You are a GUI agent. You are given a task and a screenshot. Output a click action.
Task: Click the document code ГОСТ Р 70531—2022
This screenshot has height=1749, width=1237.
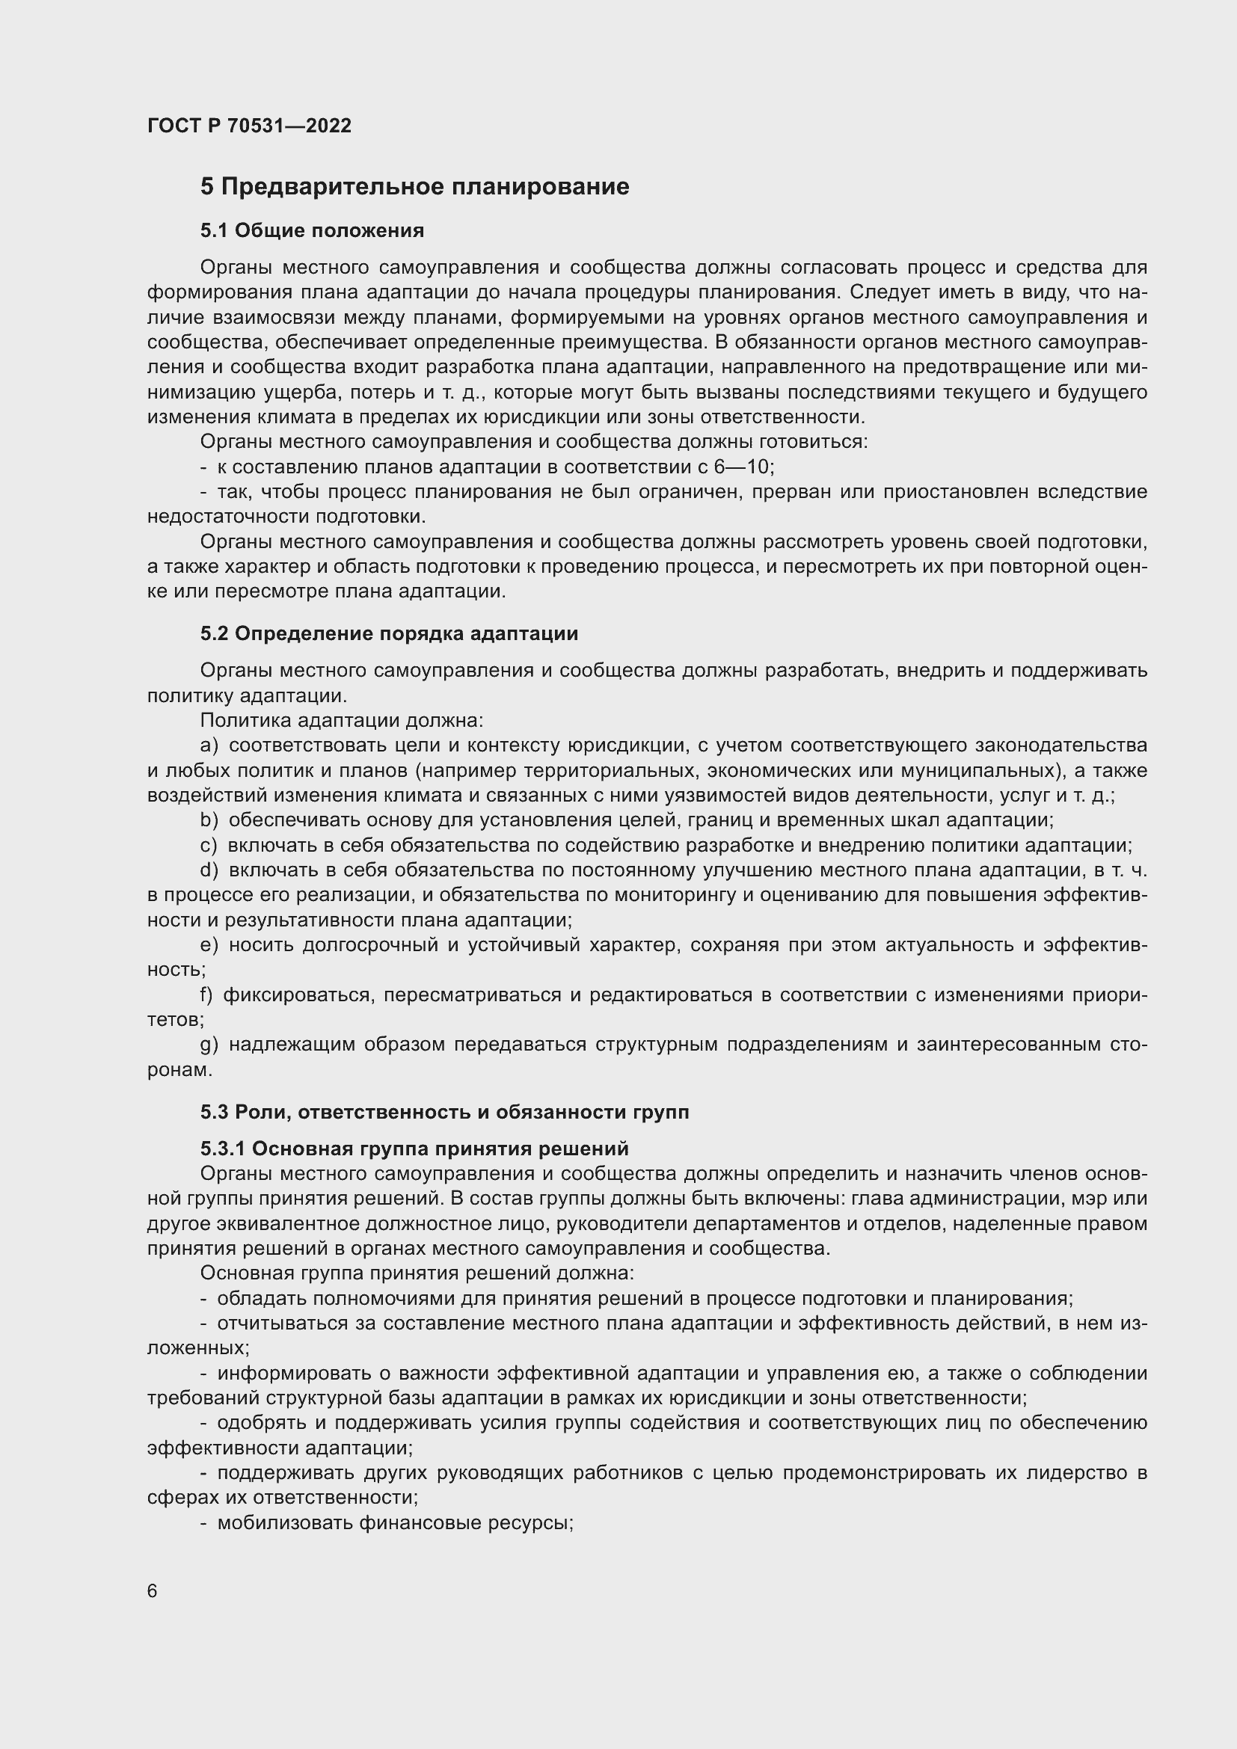click(249, 126)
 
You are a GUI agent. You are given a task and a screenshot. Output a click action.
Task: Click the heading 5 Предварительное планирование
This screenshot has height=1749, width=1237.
click(414, 187)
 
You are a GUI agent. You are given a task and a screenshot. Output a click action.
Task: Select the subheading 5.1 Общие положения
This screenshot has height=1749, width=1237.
click(313, 230)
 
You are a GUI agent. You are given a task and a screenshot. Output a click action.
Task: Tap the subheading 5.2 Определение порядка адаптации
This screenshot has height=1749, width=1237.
click(389, 633)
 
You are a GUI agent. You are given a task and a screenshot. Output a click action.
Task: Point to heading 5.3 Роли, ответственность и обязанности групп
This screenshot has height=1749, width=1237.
click(445, 1112)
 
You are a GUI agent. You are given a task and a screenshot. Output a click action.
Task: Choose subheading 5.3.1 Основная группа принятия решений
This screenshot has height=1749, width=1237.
click(414, 1148)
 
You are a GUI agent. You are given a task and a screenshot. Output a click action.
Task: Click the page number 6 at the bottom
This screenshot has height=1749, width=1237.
click(153, 1591)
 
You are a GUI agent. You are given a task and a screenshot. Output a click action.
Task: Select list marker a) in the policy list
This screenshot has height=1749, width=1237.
click(209, 745)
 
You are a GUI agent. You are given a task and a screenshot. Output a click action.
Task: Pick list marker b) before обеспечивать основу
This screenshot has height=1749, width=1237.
click(209, 820)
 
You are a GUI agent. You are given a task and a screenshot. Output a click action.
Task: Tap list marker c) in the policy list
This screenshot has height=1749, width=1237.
click(209, 846)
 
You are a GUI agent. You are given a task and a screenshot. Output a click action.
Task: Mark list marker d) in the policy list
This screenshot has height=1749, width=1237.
click(209, 870)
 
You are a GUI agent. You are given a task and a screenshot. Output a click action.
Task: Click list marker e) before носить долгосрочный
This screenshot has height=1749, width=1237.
click(209, 945)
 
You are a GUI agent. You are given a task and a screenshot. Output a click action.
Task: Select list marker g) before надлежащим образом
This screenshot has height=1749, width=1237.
click(209, 1045)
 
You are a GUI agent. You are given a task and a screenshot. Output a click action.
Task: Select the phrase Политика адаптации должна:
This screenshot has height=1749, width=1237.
click(341, 720)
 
